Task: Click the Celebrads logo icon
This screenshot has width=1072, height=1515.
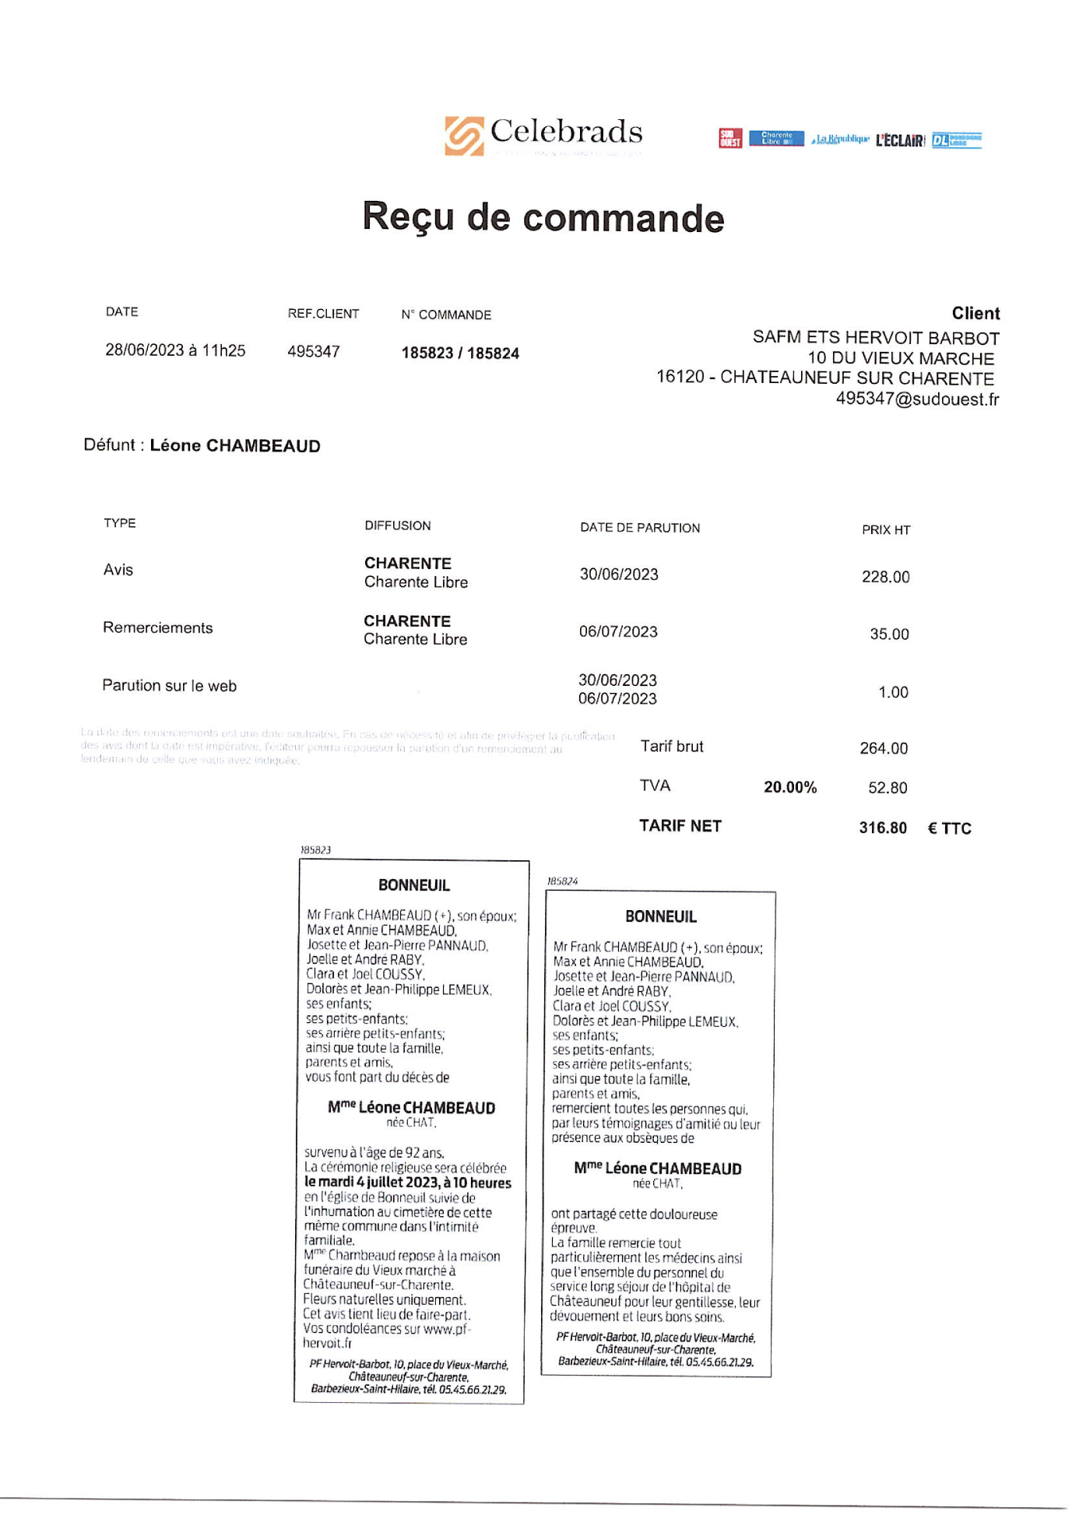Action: point(464,135)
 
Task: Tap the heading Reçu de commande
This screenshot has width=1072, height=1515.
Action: point(543,217)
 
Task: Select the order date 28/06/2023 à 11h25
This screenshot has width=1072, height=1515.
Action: point(175,350)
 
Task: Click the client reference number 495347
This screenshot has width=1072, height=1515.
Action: point(314,351)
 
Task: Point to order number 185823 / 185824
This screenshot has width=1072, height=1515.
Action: point(460,353)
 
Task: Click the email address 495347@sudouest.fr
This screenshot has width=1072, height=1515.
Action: point(917,399)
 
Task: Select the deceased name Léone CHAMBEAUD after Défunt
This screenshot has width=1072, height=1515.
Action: point(235,446)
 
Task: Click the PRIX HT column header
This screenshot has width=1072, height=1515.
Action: point(885,530)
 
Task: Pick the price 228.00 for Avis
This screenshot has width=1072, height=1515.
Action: point(885,577)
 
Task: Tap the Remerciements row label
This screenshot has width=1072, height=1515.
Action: point(157,628)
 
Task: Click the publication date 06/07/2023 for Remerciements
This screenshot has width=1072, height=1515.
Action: point(618,631)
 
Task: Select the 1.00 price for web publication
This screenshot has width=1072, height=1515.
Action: point(893,692)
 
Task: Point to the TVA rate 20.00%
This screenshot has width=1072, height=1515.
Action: point(790,787)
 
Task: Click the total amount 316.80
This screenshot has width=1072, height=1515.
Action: point(883,828)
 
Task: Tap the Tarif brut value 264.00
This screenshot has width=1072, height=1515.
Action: point(884,748)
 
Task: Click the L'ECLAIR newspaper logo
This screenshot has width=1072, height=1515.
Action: point(900,140)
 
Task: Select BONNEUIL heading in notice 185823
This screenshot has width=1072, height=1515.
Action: point(413,885)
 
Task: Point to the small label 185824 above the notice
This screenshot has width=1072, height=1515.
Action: point(562,881)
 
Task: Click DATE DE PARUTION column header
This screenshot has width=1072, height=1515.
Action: point(640,528)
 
